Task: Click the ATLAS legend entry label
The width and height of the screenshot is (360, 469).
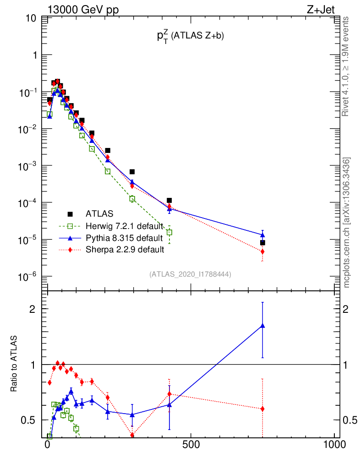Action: (x=99, y=213)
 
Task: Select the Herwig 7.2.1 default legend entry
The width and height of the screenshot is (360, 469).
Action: (x=124, y=226)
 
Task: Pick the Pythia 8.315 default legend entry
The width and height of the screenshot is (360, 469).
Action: (x=124, y=238)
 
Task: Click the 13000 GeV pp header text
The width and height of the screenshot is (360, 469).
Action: (x=83, y=9)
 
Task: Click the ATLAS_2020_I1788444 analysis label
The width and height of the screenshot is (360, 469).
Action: (x=190, y=274)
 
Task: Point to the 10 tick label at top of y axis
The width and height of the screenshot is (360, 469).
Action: (x=32, y=18)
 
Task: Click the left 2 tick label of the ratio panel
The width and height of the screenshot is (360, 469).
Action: (x=33, y=309)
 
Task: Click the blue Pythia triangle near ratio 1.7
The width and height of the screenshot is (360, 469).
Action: (x=262, y=326)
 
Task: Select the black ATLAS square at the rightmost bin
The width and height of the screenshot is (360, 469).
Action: (x=262, y=243)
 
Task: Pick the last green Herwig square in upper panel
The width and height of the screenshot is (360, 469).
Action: (x=169, y=232)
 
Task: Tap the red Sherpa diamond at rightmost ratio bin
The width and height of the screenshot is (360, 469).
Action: (x=262, y=409)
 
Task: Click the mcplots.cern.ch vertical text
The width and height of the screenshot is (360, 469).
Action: (x=347, y=223)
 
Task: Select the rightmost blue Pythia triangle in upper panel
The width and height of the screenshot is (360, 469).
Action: (x=262, y=234)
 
